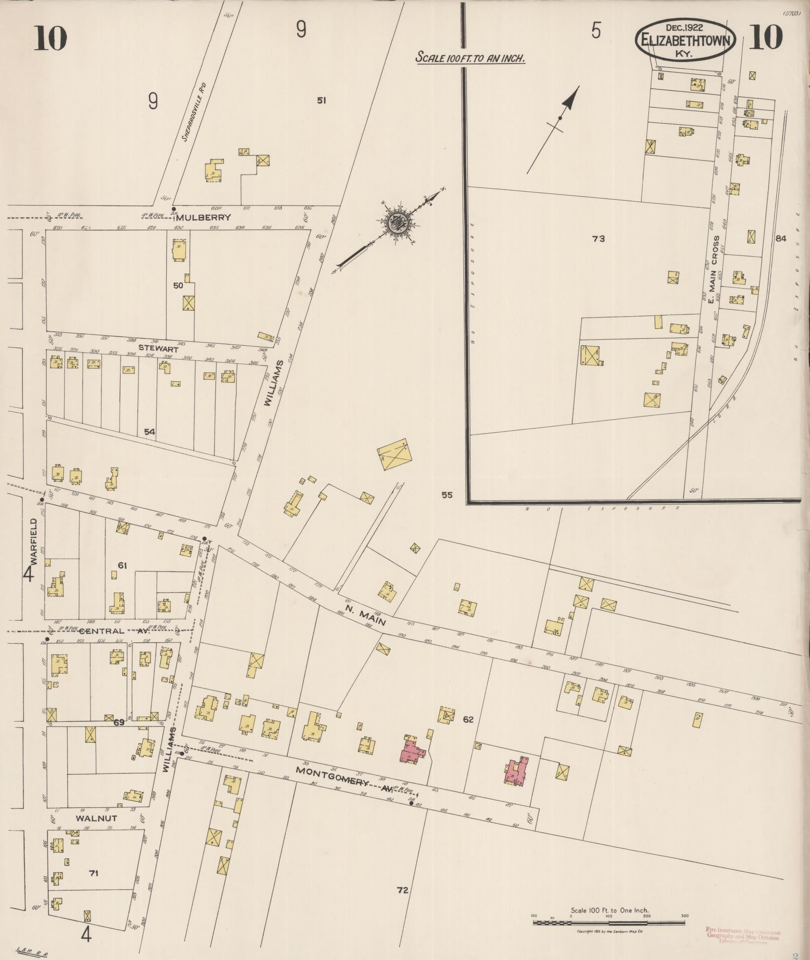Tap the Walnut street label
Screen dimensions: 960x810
pos(96,818)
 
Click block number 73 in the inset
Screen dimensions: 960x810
pos(598,239)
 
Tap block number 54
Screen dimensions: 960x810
pos(149,431)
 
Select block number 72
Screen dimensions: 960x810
pos(402,890)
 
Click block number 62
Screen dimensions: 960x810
pos(468,720)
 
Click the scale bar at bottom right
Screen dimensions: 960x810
pos(609,922)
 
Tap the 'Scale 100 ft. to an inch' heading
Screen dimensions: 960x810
pos(470,58)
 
